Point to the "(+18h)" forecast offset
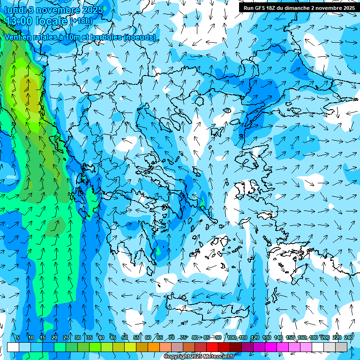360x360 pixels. (82, 21)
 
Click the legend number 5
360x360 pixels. (18, 337)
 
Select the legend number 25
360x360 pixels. (66, 337)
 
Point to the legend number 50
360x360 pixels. (125, 337)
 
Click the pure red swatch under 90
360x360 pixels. (212, 347)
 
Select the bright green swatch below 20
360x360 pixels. (60, 347)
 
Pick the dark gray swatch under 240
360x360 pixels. (341, 347)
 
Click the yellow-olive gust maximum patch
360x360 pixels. (29, 87)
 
